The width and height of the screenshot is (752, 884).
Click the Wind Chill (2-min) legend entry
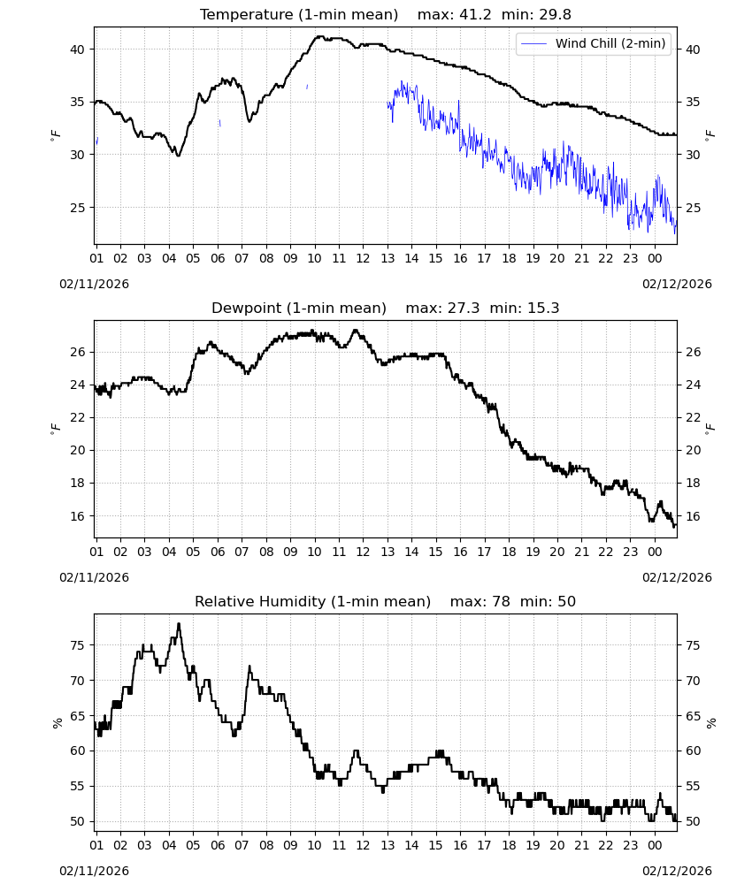pos(593,43)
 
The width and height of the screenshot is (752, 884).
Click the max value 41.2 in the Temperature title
pos(476,14)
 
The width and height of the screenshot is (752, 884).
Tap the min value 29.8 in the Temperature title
pos(555,14)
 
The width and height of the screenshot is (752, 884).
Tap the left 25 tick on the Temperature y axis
pos(77,208)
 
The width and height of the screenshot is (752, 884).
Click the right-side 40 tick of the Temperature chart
pos(693,50)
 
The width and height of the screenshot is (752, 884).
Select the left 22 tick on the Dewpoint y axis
pos(77,418)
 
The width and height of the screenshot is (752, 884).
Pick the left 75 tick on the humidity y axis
pos(77,645)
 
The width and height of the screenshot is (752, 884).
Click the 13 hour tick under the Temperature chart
pos(388,259)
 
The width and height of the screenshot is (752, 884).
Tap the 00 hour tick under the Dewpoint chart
pos(655,552)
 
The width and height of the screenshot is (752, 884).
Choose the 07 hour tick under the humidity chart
pos(242,846)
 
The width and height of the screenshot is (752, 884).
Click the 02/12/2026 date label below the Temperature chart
pos(677,284)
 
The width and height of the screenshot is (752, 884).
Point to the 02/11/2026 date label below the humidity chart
pos(94,871)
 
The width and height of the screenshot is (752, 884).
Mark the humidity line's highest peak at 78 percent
pos(179,624)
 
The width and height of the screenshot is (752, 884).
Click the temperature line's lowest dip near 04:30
pos(179,155)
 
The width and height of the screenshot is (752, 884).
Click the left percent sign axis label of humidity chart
pos(57,723)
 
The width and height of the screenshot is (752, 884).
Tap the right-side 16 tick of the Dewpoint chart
pos(693,516)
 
